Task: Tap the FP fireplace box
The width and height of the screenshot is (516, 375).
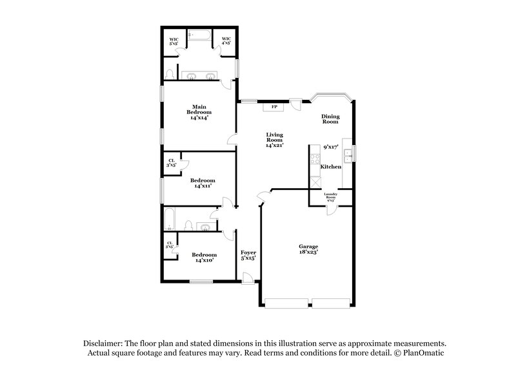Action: [x=274, y=106]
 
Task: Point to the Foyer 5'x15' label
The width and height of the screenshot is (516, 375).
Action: [x=248, y=255]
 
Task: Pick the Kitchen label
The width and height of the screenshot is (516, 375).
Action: [x=331, y=167]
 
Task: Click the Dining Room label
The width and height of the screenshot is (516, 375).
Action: [x=330, y=119]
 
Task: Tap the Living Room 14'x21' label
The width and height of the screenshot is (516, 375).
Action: [x=275, y=140]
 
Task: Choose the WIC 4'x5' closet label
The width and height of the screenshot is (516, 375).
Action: [x=226, y=41]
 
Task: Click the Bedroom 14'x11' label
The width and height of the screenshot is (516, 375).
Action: [x=203, y=183]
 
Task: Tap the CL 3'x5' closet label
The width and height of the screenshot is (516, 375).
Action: [x=172, y=162]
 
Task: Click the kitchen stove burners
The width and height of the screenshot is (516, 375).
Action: [x=315, y=157]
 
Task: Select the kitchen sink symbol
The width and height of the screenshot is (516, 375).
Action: [x=347, y=153]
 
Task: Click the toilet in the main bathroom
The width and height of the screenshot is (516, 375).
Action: [x=169, y=72]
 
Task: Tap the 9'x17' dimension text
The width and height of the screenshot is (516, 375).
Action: [x=331, y=148]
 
